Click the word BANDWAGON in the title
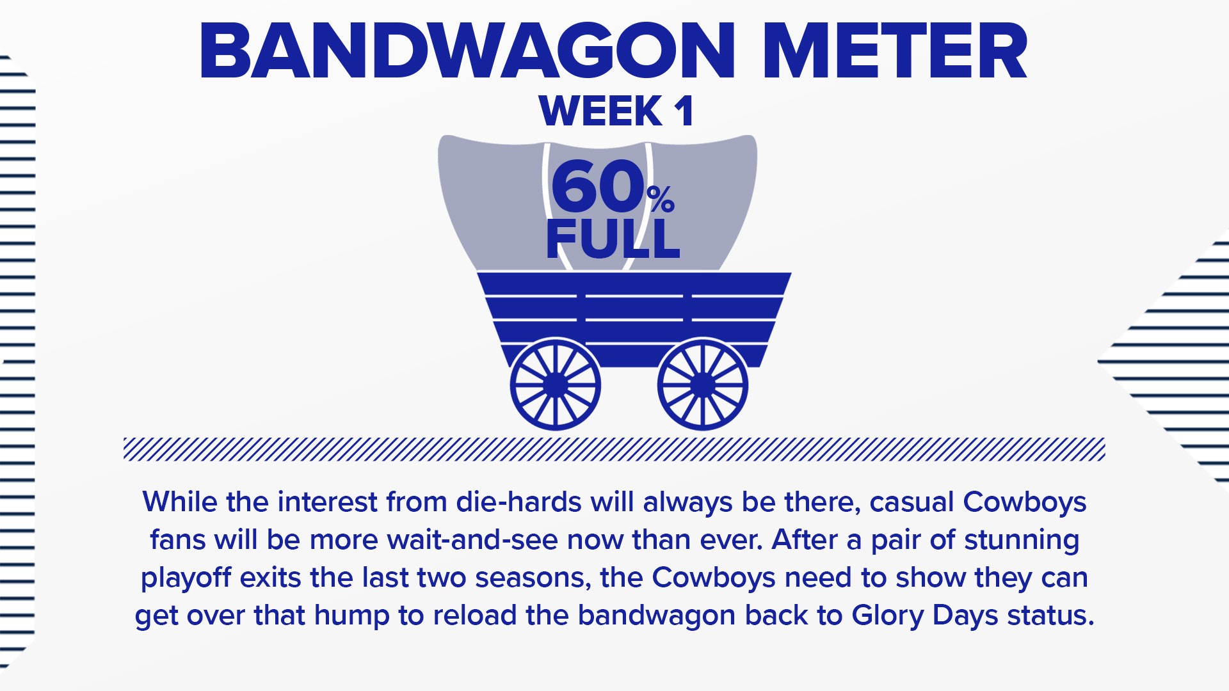(x=468, y=52)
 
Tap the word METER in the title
(x=896, y=52)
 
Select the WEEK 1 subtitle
(x=616, y=111)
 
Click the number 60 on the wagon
(x=597, y=187)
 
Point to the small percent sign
(x=661, y=199)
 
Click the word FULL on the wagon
(x=613, y=238)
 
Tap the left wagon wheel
(x=555, y=384)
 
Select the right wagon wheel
(x=703, y=384)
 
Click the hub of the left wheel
(x=555, y=384)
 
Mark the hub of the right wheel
(x=703, y=384)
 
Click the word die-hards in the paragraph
(x=518, y=502)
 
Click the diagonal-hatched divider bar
(x=614, y=449)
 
